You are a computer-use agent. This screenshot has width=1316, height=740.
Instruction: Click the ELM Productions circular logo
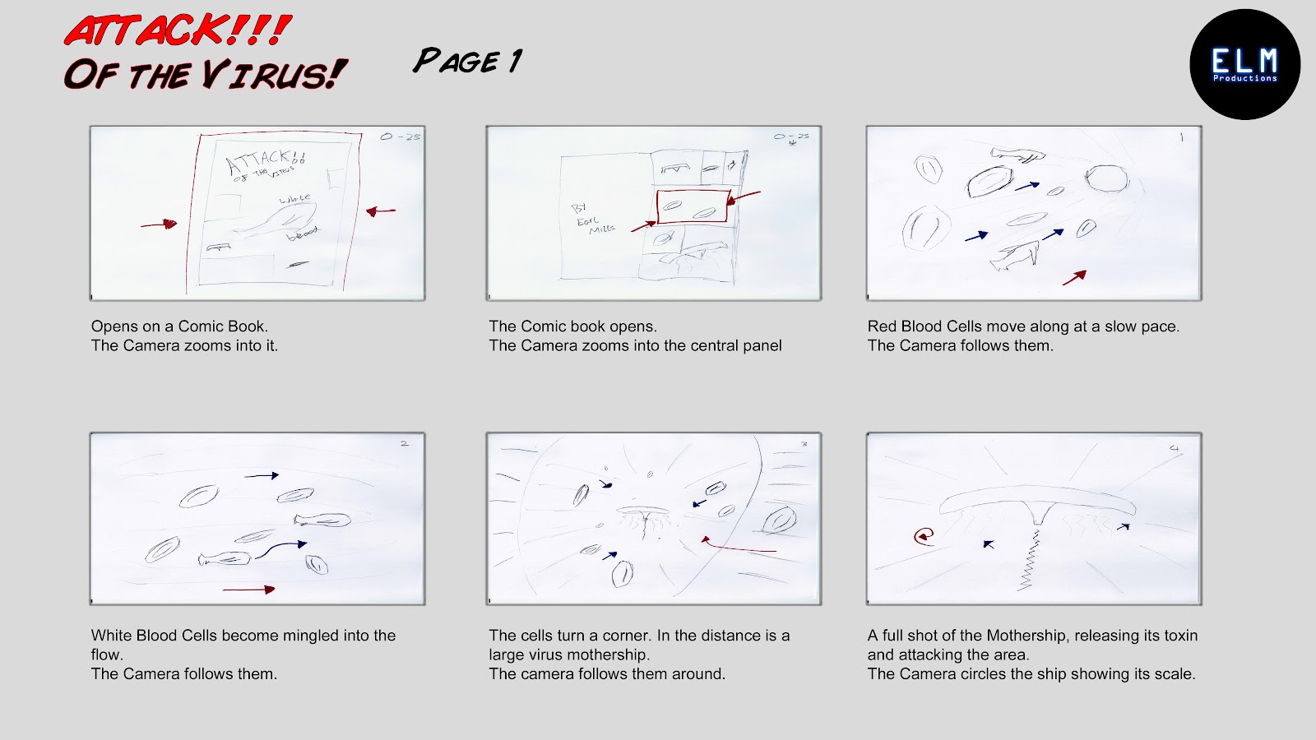1244,64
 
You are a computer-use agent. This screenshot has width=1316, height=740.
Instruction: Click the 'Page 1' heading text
467,61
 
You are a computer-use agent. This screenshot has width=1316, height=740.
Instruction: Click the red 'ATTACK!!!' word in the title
177,31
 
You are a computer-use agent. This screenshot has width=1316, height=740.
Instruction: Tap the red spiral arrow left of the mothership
924,537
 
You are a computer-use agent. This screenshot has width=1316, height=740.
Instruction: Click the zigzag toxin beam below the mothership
1029,559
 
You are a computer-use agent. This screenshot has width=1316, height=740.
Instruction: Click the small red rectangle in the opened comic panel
693,206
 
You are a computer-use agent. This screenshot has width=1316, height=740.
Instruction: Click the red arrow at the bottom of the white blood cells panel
248,589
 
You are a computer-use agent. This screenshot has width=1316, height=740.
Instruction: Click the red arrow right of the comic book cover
380,211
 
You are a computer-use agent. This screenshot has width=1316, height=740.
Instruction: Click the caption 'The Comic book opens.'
572,326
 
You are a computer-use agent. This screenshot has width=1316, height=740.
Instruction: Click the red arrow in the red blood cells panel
1074,278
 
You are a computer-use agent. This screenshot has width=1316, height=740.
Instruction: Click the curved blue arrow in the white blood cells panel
281,548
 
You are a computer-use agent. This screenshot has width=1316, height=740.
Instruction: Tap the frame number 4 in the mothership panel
1174,448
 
